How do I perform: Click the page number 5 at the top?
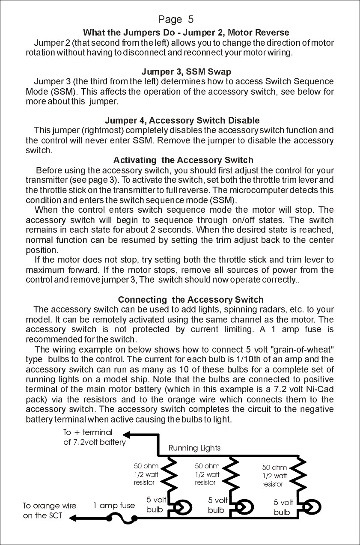tap(190, 19)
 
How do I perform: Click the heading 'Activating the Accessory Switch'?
tap(183, 160)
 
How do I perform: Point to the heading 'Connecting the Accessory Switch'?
tap(190, 299)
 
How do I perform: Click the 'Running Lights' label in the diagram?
tap(194, 448)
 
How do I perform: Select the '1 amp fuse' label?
tap(114, 506)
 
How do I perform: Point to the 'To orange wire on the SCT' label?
tap(49, 511)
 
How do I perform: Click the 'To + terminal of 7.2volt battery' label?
tap(94, 438)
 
